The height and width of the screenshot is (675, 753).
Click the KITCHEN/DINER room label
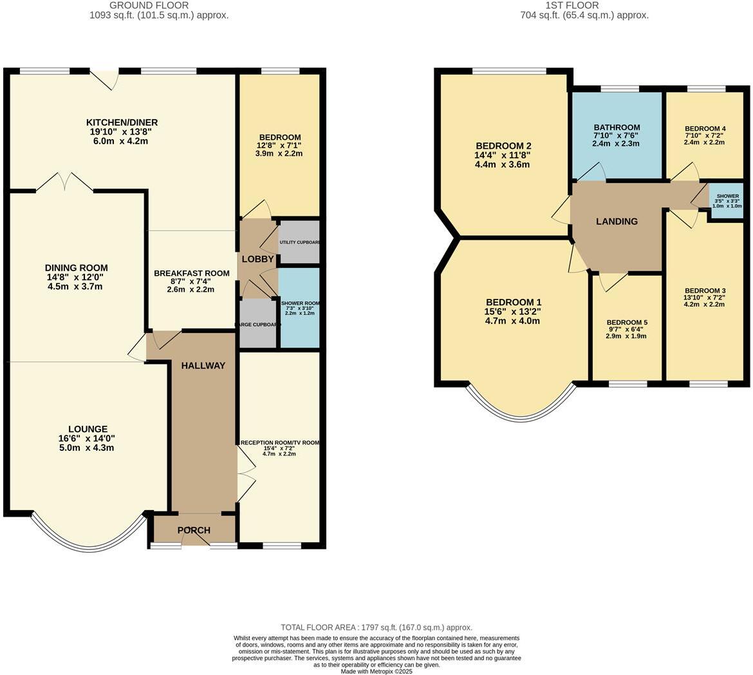122,122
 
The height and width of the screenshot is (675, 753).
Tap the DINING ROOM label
76,268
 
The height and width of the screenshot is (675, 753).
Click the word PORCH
194,530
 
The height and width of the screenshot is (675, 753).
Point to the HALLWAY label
203,365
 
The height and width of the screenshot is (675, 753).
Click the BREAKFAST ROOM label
191,273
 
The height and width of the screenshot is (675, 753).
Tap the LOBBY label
257,259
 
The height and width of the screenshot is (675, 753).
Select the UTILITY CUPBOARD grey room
299,242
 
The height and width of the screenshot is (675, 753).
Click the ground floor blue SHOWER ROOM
299,308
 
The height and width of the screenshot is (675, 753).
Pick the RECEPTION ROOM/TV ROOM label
279,442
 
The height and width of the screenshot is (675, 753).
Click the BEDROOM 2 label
503,146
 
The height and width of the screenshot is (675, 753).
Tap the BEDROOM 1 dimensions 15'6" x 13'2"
513,311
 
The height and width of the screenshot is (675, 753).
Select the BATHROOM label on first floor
617,128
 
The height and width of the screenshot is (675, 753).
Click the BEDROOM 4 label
705,129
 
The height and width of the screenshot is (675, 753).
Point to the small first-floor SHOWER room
727,200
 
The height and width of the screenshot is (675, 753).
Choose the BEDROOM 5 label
627,322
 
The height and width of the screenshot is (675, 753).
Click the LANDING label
617,221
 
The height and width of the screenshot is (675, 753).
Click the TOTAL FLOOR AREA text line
376,627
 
